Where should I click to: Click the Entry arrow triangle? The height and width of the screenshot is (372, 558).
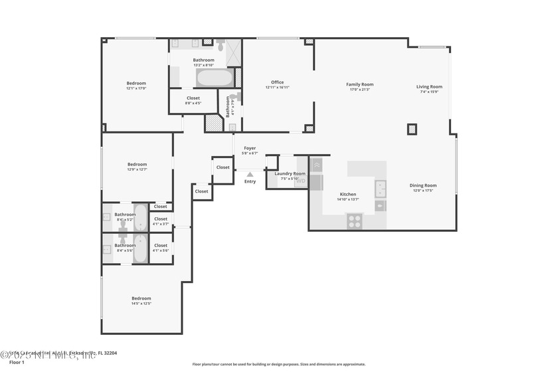pyautogui.click(x=250, y=175)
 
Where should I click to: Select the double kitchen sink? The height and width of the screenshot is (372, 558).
pyautogui.click(x=381, y=189)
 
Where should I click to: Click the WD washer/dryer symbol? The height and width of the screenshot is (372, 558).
pyautogui.click(x=301, y=180)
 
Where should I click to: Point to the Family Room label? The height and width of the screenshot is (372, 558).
pyautogui.click(x=359, y=84)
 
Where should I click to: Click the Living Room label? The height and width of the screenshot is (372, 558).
pyautogui.click(x=429, y=86)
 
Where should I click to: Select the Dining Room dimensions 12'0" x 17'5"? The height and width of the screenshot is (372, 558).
pyautogui.click(x=422, y=191)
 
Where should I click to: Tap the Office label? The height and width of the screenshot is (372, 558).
pyautogui.click(x=277, y=82)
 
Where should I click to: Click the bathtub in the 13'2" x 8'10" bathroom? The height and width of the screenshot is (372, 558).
pyautogui.click(x=214, y=78)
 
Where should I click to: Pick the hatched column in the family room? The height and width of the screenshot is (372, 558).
pyautogui.click(x=413, y=130)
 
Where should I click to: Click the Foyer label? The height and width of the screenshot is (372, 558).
pyautogui.click(x=250, y=148)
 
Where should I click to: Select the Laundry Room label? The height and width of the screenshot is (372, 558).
pyautogui.click(x=290, y=173)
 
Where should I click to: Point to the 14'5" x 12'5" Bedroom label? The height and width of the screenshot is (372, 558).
pyautogui.click(x=141, y=298)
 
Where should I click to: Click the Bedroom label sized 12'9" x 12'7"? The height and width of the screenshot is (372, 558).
pyautogui.click(x=138, y=164)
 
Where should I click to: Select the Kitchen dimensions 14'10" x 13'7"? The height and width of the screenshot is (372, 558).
pyautogui.click(x=348, y=199)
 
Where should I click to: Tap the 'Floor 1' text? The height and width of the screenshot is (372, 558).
pyautogui.click(x=17, y=362)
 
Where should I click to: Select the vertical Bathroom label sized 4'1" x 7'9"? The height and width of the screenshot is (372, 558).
pyautogui.click(x=228, y=106)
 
